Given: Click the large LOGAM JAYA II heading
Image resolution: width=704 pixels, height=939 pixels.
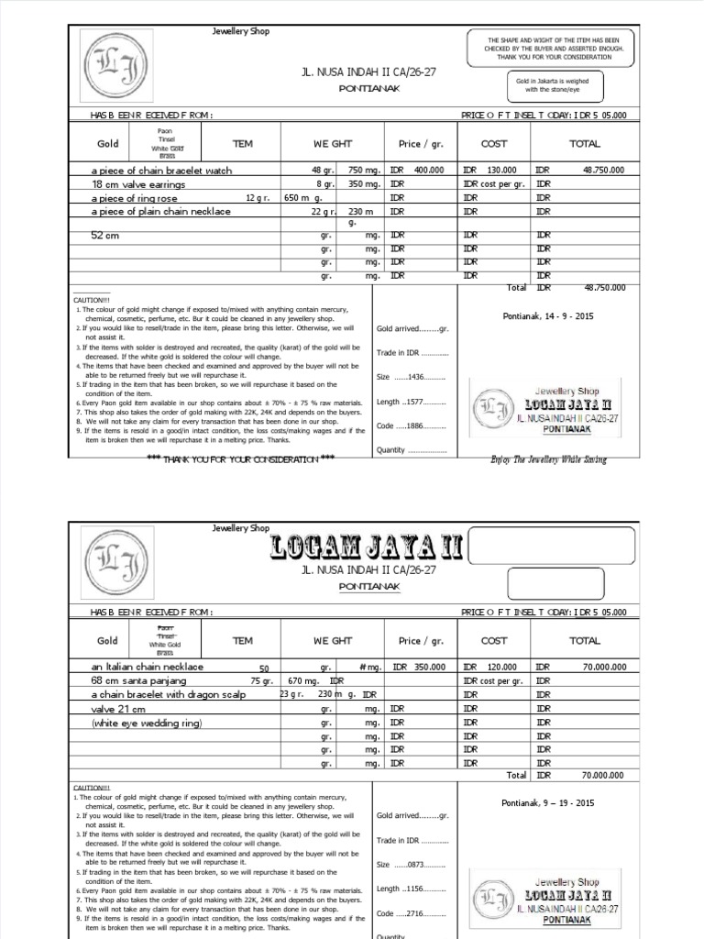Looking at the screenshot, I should click(368, 550).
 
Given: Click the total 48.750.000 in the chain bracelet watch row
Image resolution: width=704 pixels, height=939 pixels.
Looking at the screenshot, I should click(603, 171).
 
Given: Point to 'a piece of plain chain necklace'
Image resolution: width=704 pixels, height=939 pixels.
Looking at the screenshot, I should click(160, 212).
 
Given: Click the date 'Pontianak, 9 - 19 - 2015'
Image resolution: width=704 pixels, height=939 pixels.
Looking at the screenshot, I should click(548, 803).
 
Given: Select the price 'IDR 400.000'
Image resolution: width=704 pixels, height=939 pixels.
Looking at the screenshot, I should click(416, 171).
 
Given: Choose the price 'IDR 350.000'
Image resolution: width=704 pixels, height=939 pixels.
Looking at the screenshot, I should click(416, 668).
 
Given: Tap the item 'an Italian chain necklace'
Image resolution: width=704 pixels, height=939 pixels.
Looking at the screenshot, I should click(148, 668).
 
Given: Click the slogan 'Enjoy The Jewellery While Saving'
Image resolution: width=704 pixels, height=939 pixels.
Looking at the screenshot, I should click(548, 458).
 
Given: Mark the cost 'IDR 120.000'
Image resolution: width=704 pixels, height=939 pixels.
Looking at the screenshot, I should click(489, 668).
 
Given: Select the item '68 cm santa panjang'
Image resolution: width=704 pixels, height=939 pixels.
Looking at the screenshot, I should click(138, 681).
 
